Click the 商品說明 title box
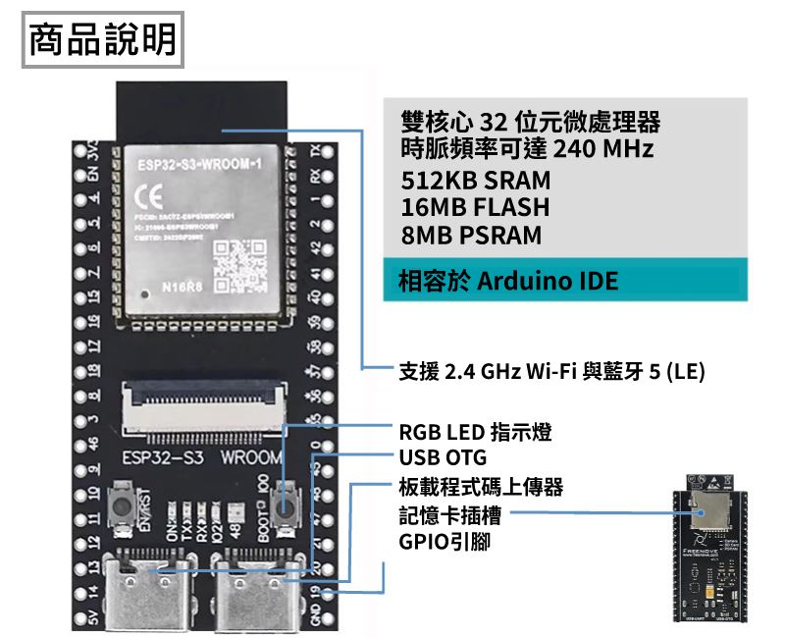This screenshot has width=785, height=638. pyautogui.click(x=103, y=40)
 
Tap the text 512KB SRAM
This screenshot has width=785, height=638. pyautogui.click(x=476, y=181)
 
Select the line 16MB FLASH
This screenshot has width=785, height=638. pyautogui.click(x=475, y=208)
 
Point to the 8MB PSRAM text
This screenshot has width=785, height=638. pyautogui.click(x=471, y=236)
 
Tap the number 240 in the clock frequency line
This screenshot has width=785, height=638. pyautogui.click(x=574, y=150)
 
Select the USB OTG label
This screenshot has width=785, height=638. pyautogui.click(x=442, y=458)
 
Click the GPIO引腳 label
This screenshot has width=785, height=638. pyautogui.click(x=440, y=541)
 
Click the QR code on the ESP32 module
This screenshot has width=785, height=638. pyautogui.click(x=238, y=262)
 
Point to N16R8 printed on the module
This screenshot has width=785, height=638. pyautogui.click(x=180, y=288)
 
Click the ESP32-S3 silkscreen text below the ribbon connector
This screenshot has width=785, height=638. pyautogui.click(x=156, y=458)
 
